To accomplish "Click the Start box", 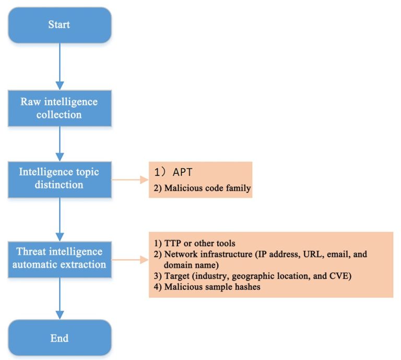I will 59,25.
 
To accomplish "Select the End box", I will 59,338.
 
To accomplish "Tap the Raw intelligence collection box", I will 59,107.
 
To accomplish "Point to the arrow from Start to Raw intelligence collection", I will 59,65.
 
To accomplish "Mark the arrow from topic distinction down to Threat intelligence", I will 59,215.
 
